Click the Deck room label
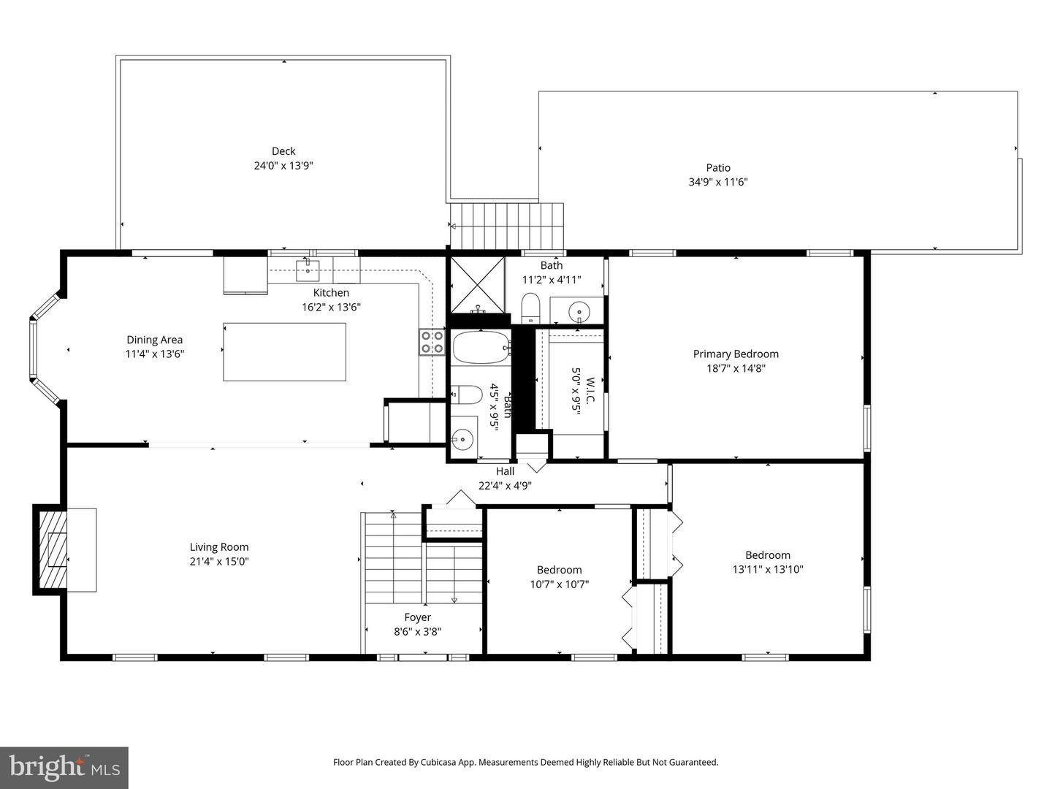pos(283,151)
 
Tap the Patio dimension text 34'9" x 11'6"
pos(717,182)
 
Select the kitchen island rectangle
pos(284,351)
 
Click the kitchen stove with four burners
pos(432,342)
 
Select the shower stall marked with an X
pos(477,283)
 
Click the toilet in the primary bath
pos(530,308)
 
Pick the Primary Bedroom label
pos(736,354)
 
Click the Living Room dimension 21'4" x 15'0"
pos(219,561)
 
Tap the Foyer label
pos(417,617)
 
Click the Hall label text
pos(505,471)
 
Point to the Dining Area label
pos(154,340)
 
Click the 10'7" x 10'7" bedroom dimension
pos(559,584)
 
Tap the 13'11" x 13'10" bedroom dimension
pos(767,569)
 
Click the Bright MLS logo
pos(64,767)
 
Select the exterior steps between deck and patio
pos(508,226)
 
